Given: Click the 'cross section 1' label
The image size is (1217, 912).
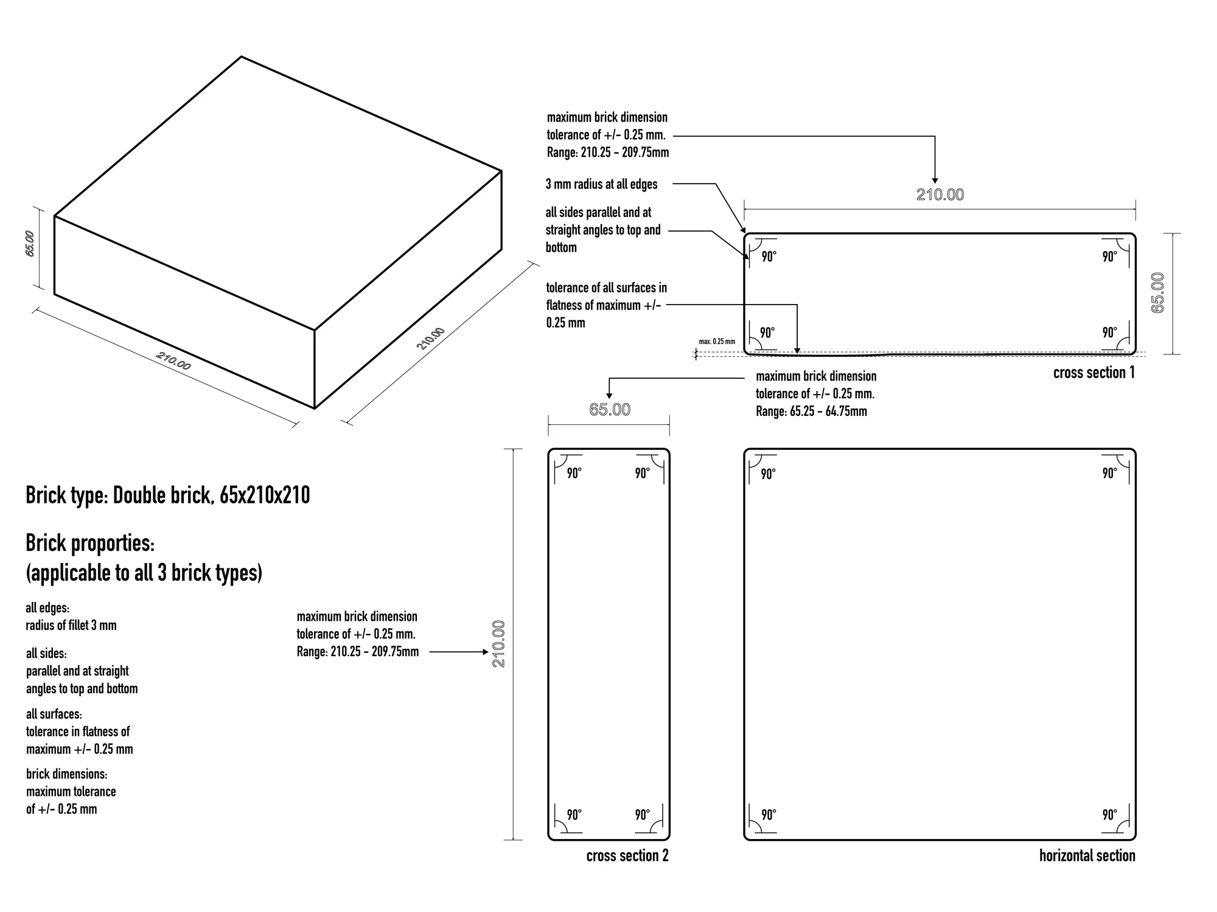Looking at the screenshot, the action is point(1094,373).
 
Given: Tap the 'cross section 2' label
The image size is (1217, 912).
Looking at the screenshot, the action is point(627,855).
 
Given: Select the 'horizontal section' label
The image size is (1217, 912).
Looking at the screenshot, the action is point(1087,855).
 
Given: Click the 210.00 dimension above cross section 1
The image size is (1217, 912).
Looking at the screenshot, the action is point(940,195).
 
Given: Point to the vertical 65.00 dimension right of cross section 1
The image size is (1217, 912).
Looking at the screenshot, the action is point(1158,293).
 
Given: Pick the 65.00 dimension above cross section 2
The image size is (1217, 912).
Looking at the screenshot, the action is point(610,410).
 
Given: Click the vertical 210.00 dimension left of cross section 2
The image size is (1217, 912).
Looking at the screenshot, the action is point(499,644).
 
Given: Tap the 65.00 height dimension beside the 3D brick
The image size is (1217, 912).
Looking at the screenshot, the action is point(30,243).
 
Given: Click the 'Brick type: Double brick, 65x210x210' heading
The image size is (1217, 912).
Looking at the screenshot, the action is point(168,496).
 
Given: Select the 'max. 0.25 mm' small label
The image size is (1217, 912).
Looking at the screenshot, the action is point(717,342).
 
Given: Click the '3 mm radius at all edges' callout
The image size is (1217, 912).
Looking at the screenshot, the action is point(601,184).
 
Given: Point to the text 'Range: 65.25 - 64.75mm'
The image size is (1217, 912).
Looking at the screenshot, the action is point(811,412).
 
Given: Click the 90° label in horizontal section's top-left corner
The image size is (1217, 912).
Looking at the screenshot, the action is point(769,474).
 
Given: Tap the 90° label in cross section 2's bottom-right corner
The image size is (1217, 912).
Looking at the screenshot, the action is point(643,815).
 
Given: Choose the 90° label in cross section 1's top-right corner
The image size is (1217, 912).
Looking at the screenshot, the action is point(1110,257).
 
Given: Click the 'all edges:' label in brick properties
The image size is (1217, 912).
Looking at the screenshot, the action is point(47,608).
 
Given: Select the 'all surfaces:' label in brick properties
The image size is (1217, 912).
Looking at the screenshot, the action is point(54,714).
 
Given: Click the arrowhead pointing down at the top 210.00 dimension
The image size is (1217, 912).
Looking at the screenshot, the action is point(935,180).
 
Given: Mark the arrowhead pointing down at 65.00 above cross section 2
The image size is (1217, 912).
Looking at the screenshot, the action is point(610,396).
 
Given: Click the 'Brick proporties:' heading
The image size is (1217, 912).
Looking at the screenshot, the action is point(90,544).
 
